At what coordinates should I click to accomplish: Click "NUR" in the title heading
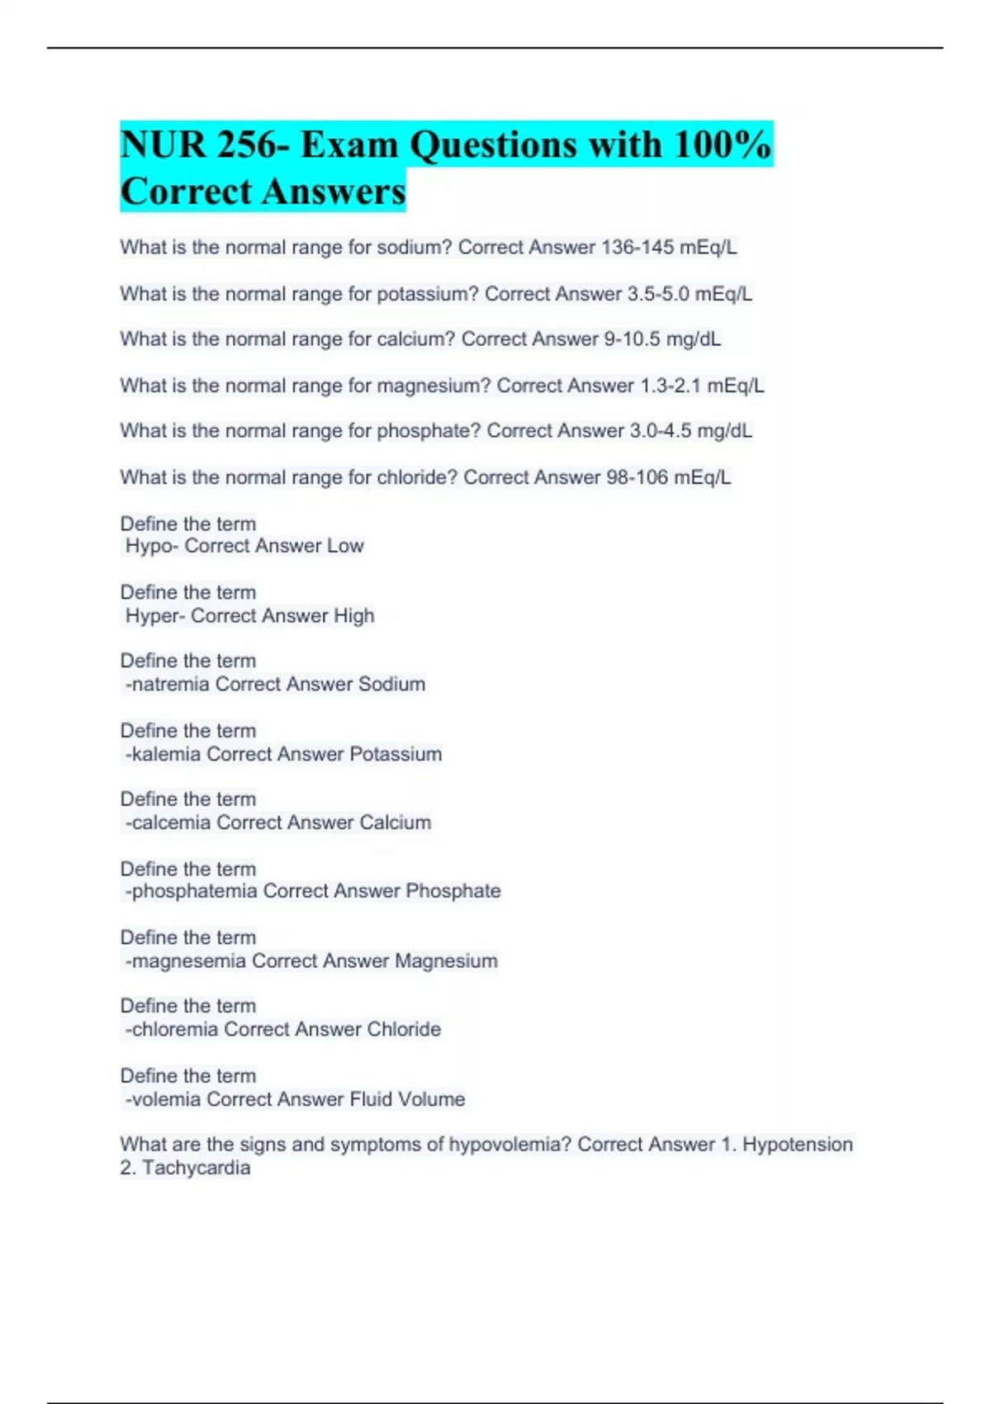click(163, 145)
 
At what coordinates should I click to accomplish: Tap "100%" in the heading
click(723, 145)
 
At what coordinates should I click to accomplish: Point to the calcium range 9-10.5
click(633, 339)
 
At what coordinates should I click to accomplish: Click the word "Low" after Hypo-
click(345, 546)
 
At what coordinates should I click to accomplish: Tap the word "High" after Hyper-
click(353, 615)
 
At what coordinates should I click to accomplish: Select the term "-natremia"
click(168, 684)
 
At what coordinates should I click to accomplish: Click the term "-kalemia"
click(164, 754)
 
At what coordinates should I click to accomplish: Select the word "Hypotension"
click(797, 1145)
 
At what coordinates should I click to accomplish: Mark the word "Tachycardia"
click(196, 1168)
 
